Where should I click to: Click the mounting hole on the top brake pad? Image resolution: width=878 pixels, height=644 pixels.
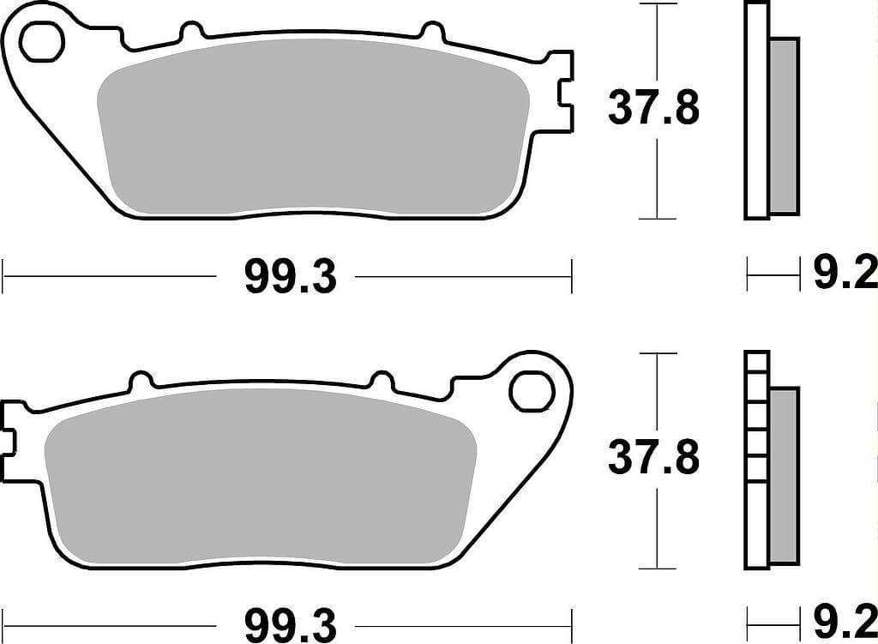click(x=42, y=43)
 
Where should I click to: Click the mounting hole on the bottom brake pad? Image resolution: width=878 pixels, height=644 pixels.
click(x=531, y=390)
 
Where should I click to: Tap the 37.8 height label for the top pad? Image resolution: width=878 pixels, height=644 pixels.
click(x=653, y=109)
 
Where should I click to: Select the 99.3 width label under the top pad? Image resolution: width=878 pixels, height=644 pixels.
click(x=290, y=277)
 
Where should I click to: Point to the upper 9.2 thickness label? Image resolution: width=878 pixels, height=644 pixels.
click(x=845, y=275)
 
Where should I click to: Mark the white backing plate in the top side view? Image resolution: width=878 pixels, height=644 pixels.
click(x=755, y=111)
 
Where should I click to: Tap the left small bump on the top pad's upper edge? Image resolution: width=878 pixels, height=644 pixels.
click(x=193, y=32)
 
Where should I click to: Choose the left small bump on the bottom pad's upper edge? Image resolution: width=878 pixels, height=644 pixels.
click(x=141, y=379)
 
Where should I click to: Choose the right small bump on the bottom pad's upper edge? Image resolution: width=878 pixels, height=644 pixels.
click(x=381, y=379)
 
